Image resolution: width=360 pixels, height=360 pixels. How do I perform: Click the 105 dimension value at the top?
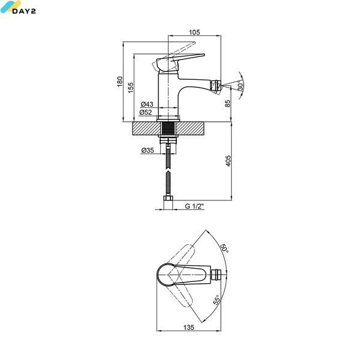click(x=194, y=32)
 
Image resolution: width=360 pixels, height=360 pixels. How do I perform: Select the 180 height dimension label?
click(x=120, y=82)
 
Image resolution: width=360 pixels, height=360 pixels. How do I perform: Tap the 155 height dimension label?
click(x=130, y=88)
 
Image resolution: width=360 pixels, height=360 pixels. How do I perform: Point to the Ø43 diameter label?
click(x=147, y=104)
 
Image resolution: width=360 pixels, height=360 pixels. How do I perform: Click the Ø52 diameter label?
click(x=146, y=112)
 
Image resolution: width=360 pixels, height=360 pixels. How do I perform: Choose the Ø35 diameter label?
click(x=148, y=151)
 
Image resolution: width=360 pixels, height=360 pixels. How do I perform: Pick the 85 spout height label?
click(x=227, y=103)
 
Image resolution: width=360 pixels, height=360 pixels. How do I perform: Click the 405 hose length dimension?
click(x=228, y=161)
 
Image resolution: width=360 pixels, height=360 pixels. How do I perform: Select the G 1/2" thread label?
click(x=194, y=206)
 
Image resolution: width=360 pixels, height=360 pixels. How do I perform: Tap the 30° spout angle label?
click(x=240, y=85)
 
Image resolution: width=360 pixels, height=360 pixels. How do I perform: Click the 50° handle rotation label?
click(x=224, y=248)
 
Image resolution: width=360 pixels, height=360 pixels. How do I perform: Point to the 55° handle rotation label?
click(x=217, y=300)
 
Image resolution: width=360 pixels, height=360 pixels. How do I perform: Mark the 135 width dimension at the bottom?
click(x=189, y=328)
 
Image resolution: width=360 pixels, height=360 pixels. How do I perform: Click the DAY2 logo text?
click(x=24, y=11)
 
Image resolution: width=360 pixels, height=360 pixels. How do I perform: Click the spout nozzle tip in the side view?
click(x=217, y=86)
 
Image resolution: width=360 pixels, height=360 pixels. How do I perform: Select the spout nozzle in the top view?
click(x=216, y=274)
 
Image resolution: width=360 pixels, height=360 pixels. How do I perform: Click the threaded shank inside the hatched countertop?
click(x=168, y=129)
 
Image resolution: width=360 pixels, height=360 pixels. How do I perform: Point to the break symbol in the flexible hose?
click(x=168, y=171)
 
